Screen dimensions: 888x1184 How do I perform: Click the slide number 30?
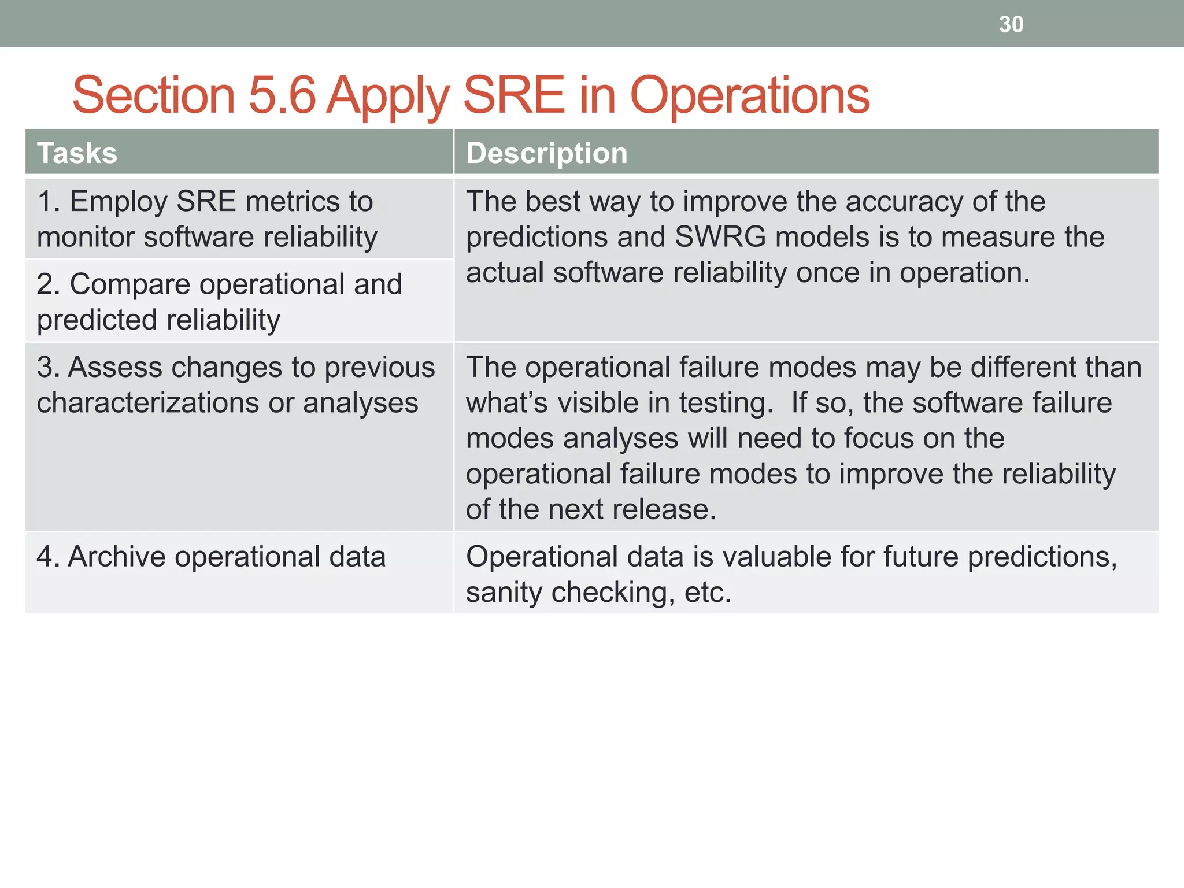pos(1011,24)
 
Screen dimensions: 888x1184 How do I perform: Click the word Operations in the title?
pos(749,95)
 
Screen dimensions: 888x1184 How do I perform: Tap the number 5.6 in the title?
pos(282,95)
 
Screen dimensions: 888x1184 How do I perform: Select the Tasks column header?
pos(77,153)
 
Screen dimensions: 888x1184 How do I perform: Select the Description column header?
pos(546,153)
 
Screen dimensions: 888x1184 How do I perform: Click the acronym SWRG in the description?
pos(720,237)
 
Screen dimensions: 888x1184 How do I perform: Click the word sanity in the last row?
pos(504,593)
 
